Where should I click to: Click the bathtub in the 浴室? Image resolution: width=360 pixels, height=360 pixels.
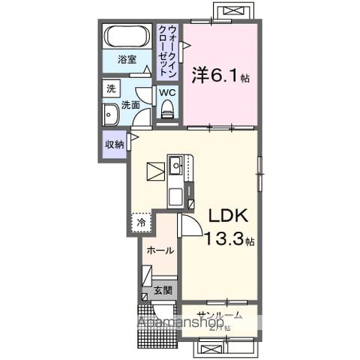[x=127, y=36]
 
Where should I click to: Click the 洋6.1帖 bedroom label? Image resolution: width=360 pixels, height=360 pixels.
[x=220, y=74]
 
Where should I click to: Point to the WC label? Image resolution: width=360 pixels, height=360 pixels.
[x=166, y=92]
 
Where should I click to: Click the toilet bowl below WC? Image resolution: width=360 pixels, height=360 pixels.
[x=166, y=109]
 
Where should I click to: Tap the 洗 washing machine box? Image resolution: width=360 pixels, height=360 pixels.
[x=111, y=88]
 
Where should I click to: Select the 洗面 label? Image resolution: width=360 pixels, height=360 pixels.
[x=130, y=105]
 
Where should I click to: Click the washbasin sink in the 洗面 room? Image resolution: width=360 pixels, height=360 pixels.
[x=109, y=115]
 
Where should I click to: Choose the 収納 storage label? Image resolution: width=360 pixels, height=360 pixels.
[x=113, y=144]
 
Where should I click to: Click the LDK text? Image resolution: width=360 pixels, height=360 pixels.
[x=229, y=216]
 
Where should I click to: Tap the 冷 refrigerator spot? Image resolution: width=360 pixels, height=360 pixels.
[x=141, y=222]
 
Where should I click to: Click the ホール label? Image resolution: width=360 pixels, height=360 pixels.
[x=160, y=250]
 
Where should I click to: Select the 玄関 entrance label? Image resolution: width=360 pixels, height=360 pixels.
[x=163, y=289]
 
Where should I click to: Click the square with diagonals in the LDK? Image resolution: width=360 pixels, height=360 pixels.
[x=155, y=171]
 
